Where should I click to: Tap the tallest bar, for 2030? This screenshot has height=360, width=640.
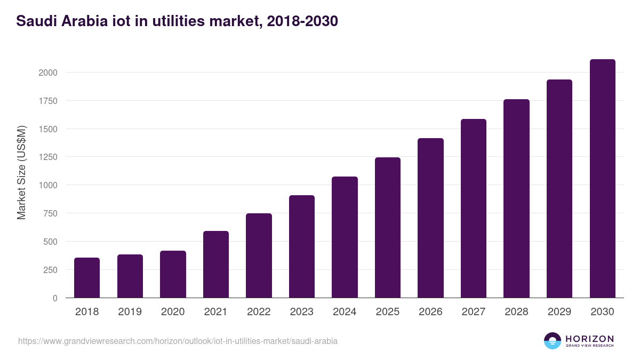tap(602, 179)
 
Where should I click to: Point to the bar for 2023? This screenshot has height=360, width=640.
tap(302, 246)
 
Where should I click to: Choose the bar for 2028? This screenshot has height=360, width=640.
tap(516, 198)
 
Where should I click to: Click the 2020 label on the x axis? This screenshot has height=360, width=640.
tap(173, 312)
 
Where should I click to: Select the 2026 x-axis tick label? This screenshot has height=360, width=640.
tap(430, 312)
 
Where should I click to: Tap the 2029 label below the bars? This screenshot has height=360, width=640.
tap(559, 312)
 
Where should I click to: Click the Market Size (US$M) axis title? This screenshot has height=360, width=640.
tap(21, 173)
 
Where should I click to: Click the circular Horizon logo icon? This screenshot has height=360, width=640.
tap(553, 341)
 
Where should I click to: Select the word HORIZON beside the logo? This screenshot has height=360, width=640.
tap(589, 338)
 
